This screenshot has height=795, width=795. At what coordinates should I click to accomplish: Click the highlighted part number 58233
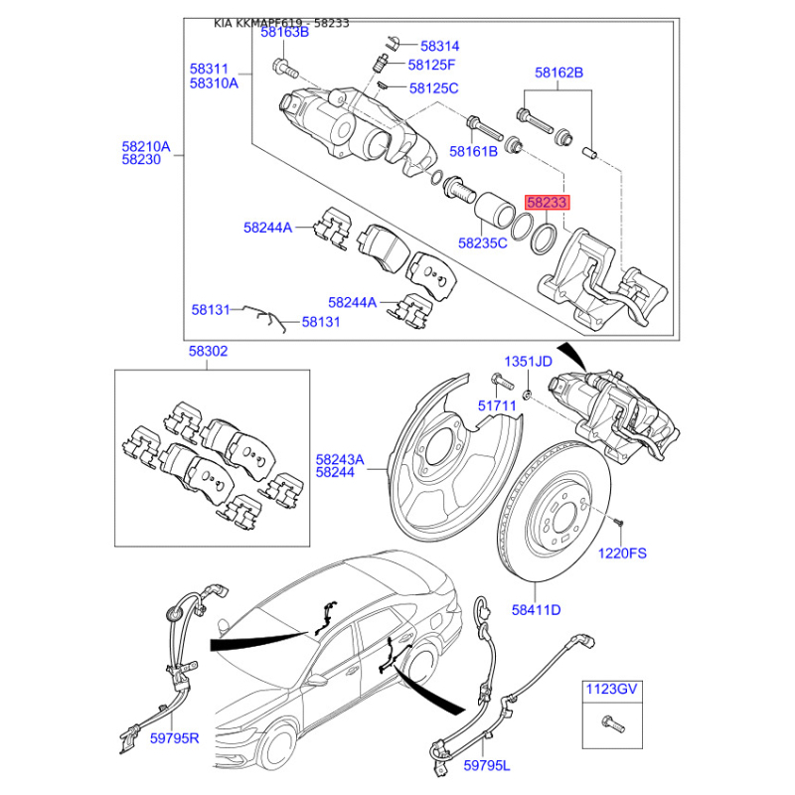(548, 202)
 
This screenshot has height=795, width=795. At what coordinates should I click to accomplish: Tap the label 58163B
(285, 32)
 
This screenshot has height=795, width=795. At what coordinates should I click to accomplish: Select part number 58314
(439, 46)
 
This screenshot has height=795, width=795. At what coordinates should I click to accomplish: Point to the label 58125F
(431, 66)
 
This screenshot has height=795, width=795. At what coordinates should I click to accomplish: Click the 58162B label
(558, 73)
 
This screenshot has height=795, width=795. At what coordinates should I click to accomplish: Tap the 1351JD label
(527, 361)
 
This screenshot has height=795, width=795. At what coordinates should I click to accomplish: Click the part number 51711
(497, 404)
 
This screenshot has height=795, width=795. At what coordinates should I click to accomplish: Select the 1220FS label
(622, 552)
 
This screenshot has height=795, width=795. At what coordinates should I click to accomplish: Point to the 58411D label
(537, 609)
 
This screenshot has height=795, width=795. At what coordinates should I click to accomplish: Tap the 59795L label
(486, 766)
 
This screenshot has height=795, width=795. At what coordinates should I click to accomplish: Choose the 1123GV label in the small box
(609, 688)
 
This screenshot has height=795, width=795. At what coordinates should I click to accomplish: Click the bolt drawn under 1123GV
(607, 724)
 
